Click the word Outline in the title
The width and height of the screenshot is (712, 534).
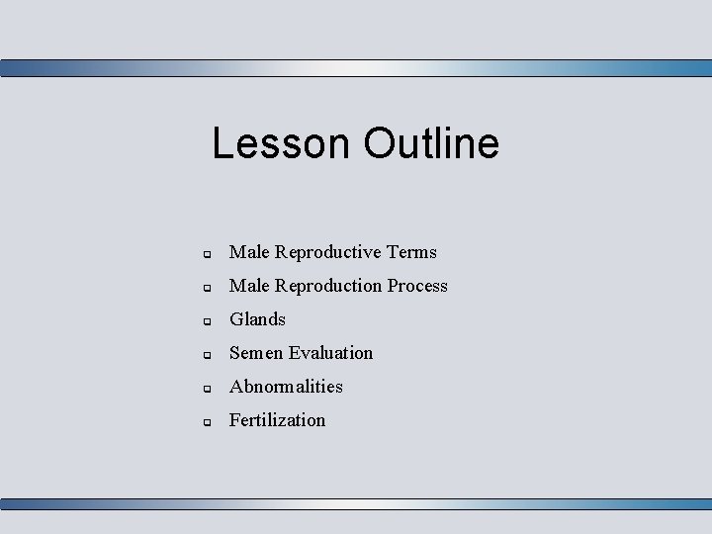click(431, 143)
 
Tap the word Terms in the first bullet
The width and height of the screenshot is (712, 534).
click(411, 252)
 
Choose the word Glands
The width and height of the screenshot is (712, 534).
click(257, 319)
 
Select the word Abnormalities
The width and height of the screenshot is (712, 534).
click(286, 387)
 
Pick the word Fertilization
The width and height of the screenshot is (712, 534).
click(277, 420)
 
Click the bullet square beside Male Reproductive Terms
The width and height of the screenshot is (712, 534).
click(208, 254)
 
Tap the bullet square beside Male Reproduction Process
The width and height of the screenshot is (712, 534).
click(208, 288)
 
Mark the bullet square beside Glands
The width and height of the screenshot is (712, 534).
click(208, 321)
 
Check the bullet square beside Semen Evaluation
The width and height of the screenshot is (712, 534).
click(208, 355)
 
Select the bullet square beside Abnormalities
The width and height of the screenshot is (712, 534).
click(208, 389)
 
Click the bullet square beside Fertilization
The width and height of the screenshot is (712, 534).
click(208, 422)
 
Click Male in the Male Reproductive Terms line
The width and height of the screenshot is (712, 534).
click(249, 252)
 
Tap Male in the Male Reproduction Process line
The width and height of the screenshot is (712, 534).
click(249, 286)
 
